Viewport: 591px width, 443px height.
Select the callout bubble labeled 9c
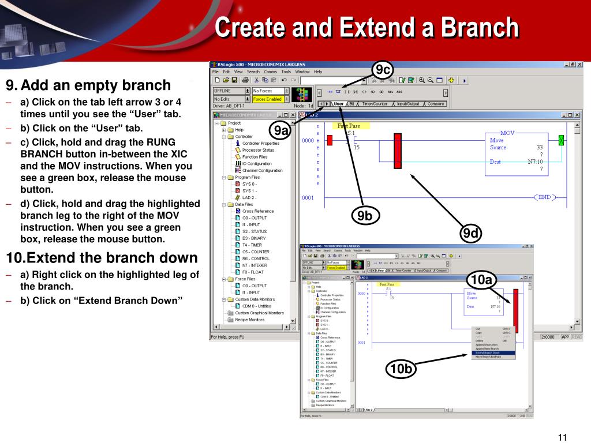click(x=381, y=70)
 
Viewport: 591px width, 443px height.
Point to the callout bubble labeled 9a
click(x=281, y=131)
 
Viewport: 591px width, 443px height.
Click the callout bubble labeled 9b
click(x=364, y=216)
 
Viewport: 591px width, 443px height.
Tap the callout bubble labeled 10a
click(x=481, y=280)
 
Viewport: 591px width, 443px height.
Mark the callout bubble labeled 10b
click(x=401, y=369)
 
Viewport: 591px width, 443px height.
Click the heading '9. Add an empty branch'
click(x=88, y=85)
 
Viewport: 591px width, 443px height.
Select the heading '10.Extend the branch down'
click(x=102, y=257)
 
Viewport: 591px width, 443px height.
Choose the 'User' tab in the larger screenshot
click(x=338, y=104)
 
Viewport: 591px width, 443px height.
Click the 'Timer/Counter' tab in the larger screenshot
click(x=375, y=104)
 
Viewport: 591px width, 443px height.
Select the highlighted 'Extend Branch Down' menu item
click(x=488, y=352)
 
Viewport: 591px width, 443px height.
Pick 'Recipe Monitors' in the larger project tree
click(x=249, y=320)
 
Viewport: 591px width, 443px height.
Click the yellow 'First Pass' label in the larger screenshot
click(x=349, y=126)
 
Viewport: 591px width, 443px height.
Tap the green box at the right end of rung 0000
click(x=560, y=140)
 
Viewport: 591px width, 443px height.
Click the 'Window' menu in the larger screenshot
click(x=302, y=72)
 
